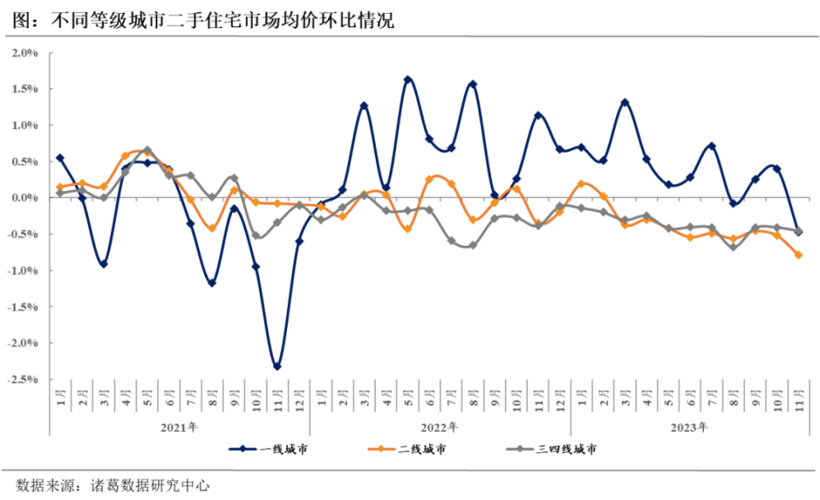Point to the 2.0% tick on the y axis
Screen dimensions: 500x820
pyautogui.click(x=25, y=53)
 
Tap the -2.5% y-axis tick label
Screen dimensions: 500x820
pyautogui.click(x=23, y=380)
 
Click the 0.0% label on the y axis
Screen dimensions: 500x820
pyautogui.click(x=25, y=198)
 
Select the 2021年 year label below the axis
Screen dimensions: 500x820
pyautogui.click(x=179, y=427)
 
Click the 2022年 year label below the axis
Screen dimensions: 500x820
pyautogui.click(x=439, y=427)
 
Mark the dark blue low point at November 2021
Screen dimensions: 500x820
pyautogui.click(x=277, y=367)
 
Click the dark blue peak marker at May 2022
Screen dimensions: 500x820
pyautogui.click(x=407, y=80)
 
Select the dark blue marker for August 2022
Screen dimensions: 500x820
pyautogui.click(x=472, y=84)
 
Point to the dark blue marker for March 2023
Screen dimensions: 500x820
pyautogui.click(x=624, y=102)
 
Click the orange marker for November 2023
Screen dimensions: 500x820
pyautogui.click(x=799, y=254)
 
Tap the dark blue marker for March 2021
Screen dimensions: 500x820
pyautogui.click(x=103, y=265)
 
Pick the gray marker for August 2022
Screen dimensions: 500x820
pyautogui.click(x=472, y=245)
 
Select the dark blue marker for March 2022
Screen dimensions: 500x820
pyautogui.click(x=364, y=106)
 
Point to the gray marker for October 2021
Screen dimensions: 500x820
pyautogui.click(x=255, y=235)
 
